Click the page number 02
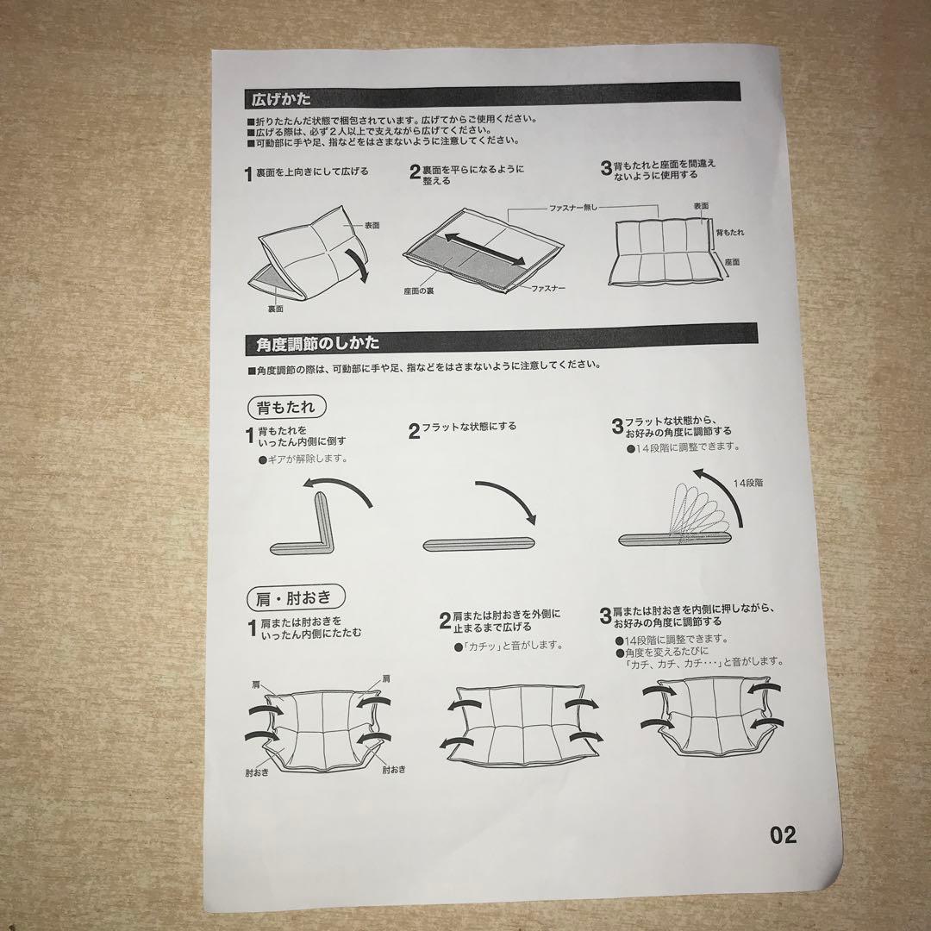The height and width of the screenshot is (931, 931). coord(783,834)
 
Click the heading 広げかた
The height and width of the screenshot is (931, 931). coord(281,98)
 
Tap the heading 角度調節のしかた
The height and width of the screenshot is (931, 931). coord(317,343)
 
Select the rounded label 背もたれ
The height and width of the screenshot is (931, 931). coord(286,407)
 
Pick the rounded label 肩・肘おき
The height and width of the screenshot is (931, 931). coord(295,598)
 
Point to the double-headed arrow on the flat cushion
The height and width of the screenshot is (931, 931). coord(484,249)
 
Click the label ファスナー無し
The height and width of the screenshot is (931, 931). coord(572,208)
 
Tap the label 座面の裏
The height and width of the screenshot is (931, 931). coord(419,291)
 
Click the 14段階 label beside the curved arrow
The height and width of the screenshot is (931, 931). coord(747,483)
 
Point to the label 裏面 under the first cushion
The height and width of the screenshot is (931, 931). coord(275,309)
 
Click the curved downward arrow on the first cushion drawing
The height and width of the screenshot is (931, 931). coord(358,266)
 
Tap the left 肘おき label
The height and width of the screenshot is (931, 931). coord(257,772)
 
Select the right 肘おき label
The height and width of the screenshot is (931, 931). coord(394,770)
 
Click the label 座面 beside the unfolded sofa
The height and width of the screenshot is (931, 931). coord(732,262)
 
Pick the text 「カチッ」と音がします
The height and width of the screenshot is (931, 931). coord(509,646)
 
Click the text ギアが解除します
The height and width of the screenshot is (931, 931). coord(303,459)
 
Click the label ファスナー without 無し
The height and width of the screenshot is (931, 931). coord(548,289)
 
